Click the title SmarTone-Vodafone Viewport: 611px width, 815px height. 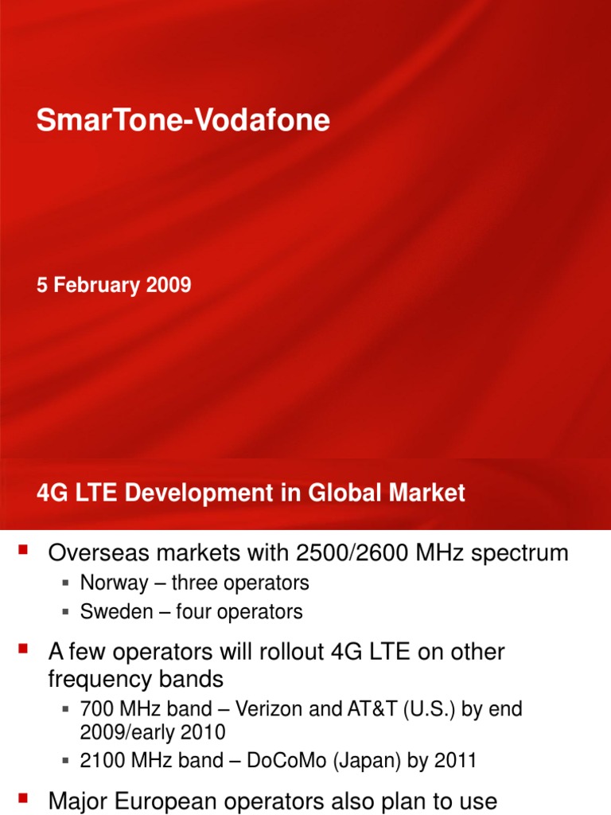[183, 120]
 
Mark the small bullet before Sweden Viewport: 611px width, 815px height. [66, 611]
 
